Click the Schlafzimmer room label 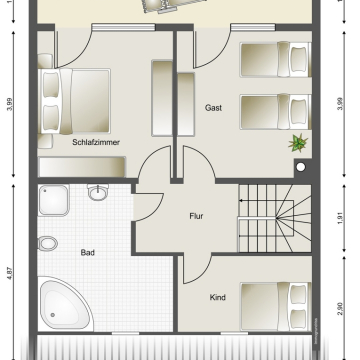pos(96,143)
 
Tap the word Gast pos(213,108)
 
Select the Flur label pos(197,215)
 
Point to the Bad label pos(87,254)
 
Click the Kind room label pos(217,297)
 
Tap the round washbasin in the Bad pos(97,193)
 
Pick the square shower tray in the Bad pos(54,203)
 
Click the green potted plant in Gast pos(296,143)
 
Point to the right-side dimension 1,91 pos(341,213)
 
